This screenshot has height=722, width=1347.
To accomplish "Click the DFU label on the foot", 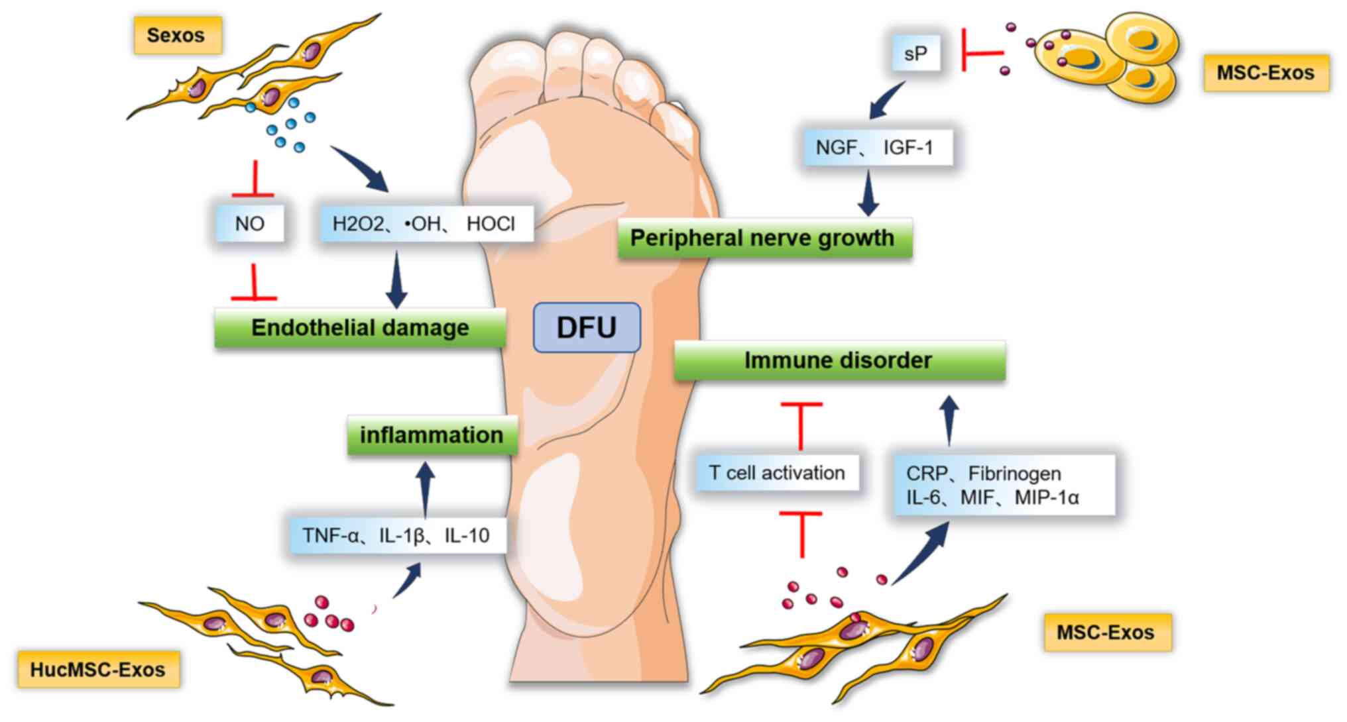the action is [587, 327].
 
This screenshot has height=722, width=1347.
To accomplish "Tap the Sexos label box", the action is [176, 35].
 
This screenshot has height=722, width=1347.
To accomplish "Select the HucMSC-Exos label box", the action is [98, 670].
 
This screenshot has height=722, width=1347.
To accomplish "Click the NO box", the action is [250, 224].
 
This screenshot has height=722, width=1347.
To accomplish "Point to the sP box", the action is [915, 53].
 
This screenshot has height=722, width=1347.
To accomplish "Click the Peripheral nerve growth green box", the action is [764, 238].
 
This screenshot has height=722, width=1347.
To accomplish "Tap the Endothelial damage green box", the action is [360, 327].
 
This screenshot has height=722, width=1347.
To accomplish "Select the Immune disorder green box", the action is [839, 360].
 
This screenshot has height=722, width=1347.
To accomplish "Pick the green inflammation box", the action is [432, 435].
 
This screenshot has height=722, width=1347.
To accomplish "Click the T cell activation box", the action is [777, 473].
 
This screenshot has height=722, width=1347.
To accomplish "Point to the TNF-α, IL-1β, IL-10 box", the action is [397, 535].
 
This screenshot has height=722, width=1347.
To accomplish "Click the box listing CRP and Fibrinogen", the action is [1002, 485].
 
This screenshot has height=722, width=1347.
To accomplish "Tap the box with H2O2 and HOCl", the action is [424, 224].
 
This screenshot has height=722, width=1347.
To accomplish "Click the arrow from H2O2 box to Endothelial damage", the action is [396, 280].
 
